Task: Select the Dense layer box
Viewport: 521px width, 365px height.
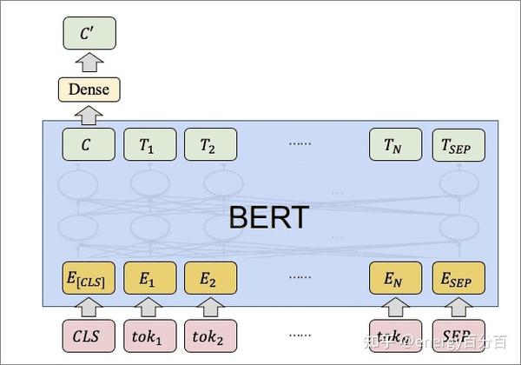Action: click(89, 88)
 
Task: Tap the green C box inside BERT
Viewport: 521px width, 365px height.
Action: click(89, 144)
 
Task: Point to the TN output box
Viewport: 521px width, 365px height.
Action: click(395, 144)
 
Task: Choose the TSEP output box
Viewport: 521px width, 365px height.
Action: click(458, 144)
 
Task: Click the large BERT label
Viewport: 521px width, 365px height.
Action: click(267, 216)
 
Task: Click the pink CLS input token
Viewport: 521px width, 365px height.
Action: click(89, 335)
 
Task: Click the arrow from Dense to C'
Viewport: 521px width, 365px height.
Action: click(89, 61)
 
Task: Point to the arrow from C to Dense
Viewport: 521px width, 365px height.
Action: click(89, 114)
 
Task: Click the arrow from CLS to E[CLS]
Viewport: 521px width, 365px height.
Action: click(89, 307)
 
